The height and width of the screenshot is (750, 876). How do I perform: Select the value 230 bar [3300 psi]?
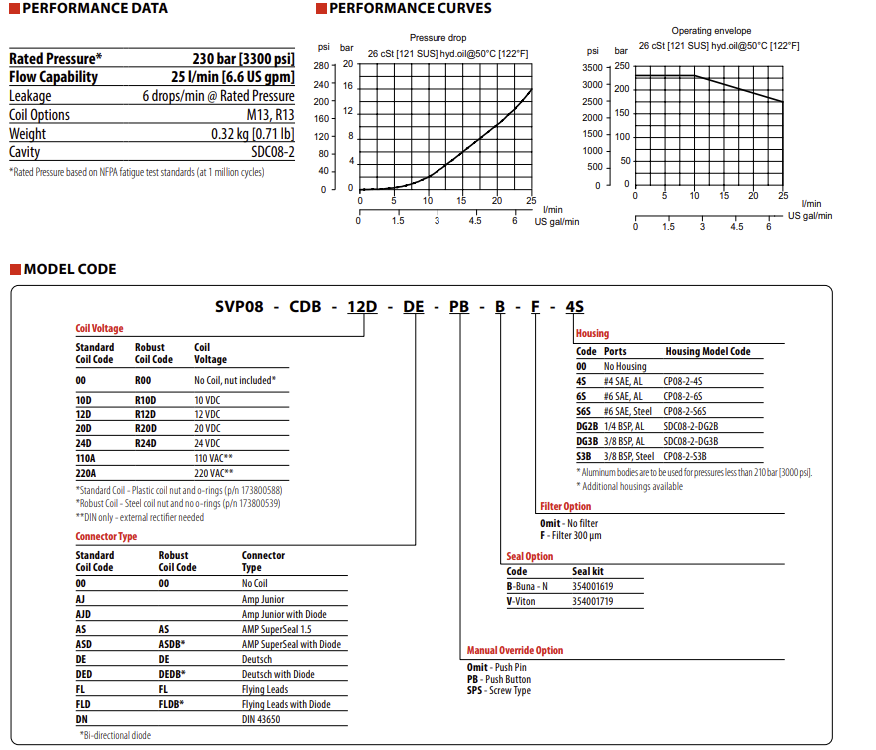click(x=243, y=58)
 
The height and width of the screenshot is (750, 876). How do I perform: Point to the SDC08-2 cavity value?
click(x=273, y=152)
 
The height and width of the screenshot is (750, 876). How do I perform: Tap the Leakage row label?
click(x=30, y=96)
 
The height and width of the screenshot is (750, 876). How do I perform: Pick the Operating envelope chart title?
click(x=711, y=31)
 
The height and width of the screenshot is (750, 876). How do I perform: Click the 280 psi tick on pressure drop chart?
click(x=322, y=65)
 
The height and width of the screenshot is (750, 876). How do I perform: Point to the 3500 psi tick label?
click(x=592, y=67)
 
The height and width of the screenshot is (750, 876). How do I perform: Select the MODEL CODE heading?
click(x=70, y=269)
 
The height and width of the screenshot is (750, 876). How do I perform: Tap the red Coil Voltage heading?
click(x=99, y=328)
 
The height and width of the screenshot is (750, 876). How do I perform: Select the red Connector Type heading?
click(x=106, y=536)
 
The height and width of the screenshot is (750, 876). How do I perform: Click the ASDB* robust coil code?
click(x=172, y=644)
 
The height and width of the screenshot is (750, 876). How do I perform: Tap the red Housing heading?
click(x=592, y=334)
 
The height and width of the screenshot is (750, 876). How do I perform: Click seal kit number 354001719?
click(x=593, y=601)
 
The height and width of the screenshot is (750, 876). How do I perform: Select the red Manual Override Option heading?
click(x=515, y=650)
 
